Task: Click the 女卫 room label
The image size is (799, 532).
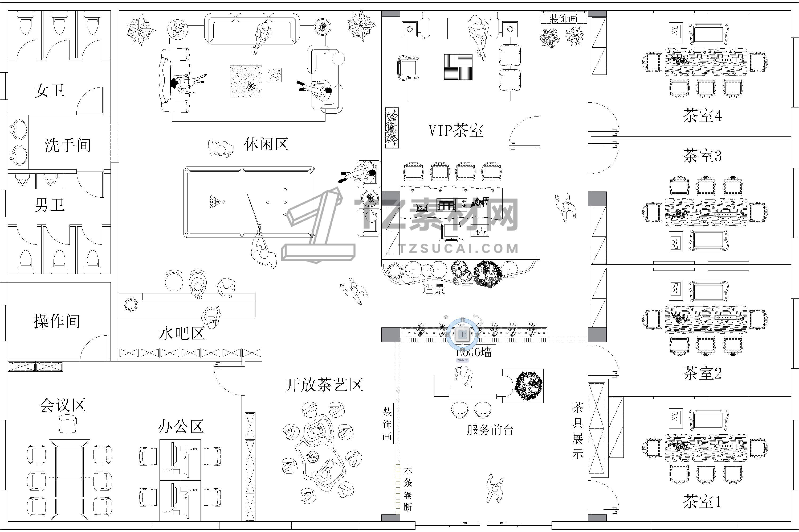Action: coord(50,91)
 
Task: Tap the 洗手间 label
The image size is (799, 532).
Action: coord(68,145)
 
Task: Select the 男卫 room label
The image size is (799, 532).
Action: coord(50,205)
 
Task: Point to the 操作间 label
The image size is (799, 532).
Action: coord(57,321)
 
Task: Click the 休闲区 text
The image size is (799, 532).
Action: coord(266,144)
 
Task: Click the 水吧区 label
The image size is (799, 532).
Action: coord(182,334)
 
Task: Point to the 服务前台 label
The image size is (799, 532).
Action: coord(490,430)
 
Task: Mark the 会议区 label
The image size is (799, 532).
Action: coord(63,405)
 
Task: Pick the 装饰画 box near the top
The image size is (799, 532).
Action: coord(564,18)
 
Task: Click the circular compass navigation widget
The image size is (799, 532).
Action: coord(462,334)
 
